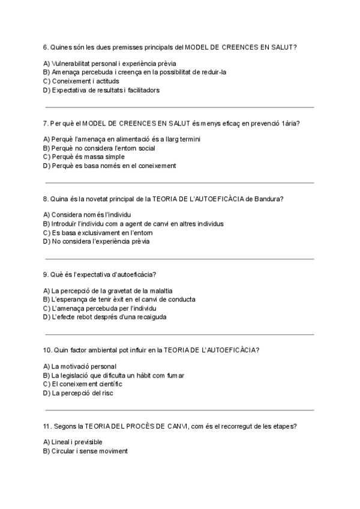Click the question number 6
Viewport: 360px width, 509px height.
coord(46,47)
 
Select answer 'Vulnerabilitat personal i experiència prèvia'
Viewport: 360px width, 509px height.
coord(100,63)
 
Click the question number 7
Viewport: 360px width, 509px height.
coord(46,123)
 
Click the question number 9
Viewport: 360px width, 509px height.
coord(46,274)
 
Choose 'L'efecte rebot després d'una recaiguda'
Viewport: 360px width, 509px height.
coord(105,317)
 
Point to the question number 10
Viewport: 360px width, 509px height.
coord(48,350)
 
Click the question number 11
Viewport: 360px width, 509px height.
coord(48,426)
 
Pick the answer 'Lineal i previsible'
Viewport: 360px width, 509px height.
coord(77,442)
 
